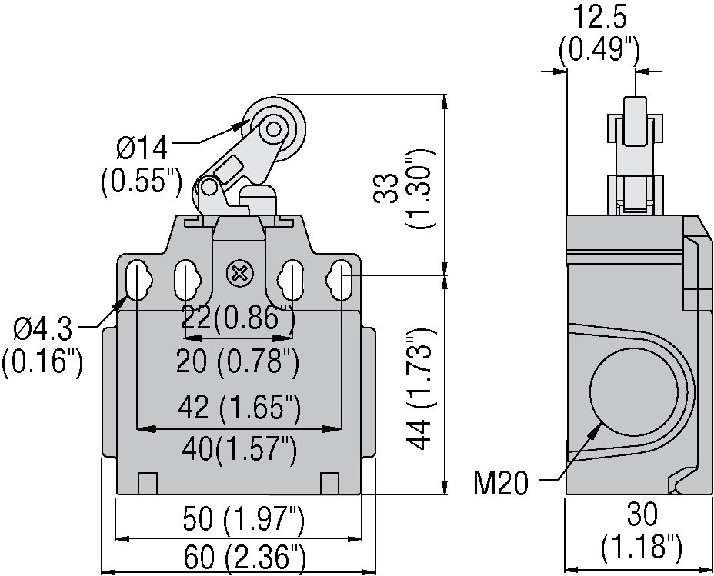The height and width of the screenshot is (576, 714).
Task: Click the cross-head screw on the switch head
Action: point(239,272)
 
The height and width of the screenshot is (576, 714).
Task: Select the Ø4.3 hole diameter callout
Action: point(43,330)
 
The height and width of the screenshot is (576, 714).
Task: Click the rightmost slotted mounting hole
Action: point(341,281)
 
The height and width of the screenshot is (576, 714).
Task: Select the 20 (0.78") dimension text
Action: point(238,361)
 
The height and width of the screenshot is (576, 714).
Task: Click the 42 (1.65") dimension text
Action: point(238,408)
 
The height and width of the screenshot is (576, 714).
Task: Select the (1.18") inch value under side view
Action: point(641,547)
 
